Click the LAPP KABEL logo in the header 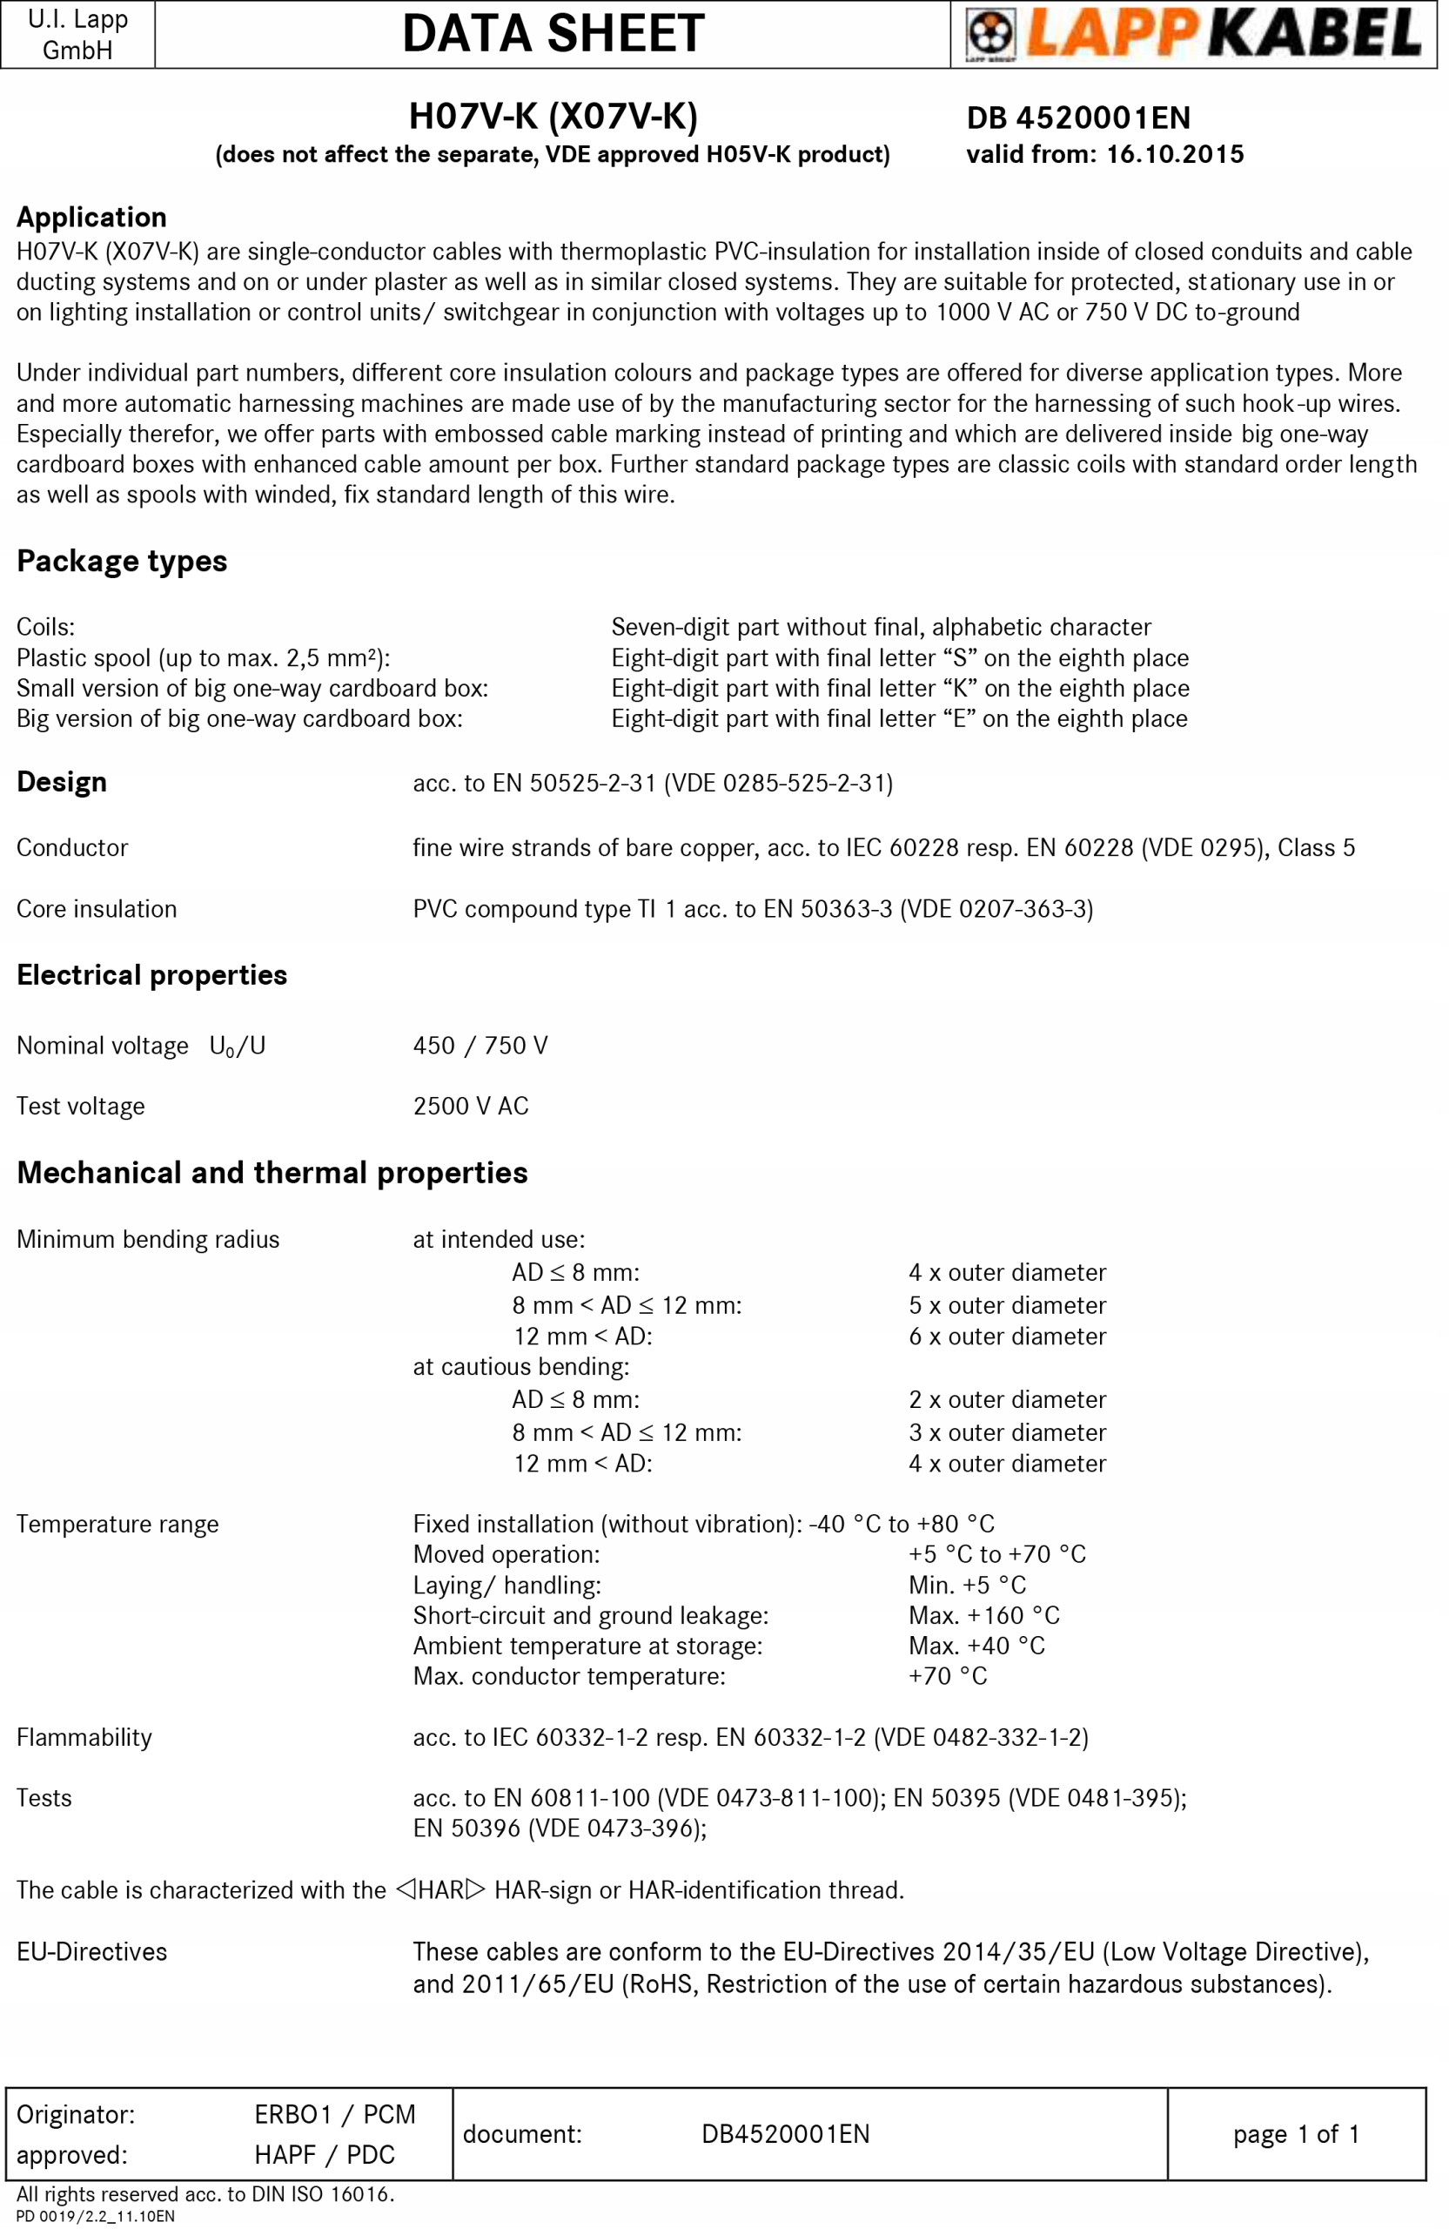1193,34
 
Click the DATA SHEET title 553,34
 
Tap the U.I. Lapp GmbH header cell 77,35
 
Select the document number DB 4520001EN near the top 1078,118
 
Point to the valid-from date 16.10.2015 1175,154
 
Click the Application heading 91,218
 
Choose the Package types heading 122,561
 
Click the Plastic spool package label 203,657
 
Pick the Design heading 62,782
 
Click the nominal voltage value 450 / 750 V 480,1045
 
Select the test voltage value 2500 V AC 471,1106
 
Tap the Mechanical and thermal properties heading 272,1173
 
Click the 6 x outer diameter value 1007,1337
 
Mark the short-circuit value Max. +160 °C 983,1615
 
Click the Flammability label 84,1737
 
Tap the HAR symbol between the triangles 440,1890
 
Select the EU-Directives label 91,1952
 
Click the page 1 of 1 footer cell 1296,2134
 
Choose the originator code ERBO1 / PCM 335,2115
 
